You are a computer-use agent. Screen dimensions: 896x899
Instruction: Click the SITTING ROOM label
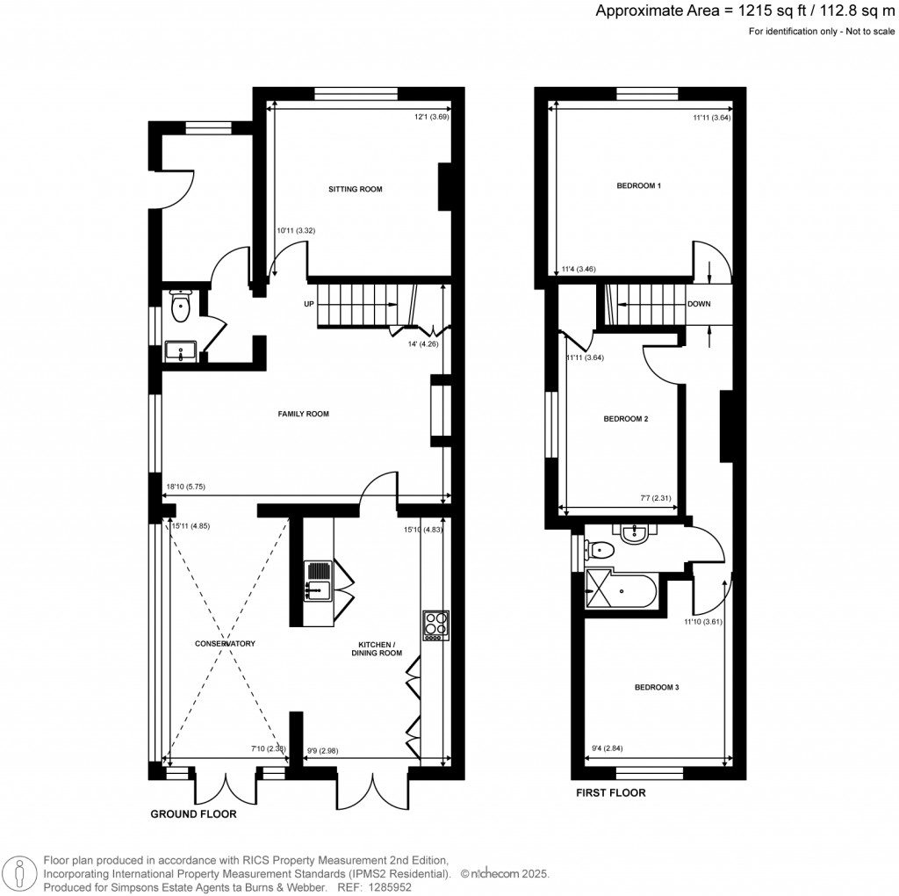coord(356,189)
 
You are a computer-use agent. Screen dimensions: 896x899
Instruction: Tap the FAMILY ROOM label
coord(303,414)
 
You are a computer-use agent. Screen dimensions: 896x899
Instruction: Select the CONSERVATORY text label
coord(225,644)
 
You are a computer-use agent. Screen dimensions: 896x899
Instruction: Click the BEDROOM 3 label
coord(657,688)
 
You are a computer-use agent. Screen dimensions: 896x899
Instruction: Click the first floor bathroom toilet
coord(600,550)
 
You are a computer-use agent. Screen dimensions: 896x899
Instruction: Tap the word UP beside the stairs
coord(309,304)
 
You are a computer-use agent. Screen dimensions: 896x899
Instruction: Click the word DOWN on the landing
coord(699,305)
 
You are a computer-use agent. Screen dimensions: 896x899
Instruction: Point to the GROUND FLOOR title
coord(193,814)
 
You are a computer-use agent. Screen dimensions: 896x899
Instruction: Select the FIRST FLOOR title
coord(610,793)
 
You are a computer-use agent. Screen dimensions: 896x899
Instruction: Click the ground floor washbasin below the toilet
coord(182,352)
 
